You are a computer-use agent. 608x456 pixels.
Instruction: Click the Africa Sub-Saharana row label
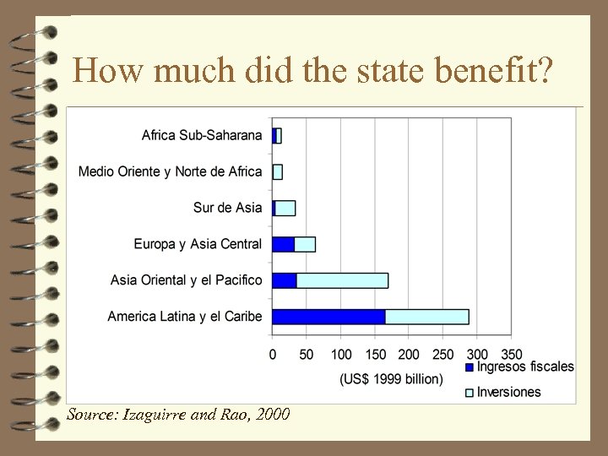click(x=202, y=135)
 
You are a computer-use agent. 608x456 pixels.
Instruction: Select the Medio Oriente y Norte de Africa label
click(x=171, y=171)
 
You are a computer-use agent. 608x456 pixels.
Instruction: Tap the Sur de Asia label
click(x=227, y=208)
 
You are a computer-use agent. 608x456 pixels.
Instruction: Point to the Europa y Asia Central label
click(x=198, y=244)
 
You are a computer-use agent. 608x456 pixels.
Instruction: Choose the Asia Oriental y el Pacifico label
click(x=187, y=280)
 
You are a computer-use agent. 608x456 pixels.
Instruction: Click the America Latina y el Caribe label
click(x=185, y=317)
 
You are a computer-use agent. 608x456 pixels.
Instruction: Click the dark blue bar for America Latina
click(x=328, y=317)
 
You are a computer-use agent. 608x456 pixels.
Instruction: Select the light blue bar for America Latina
click(x=426, y=317)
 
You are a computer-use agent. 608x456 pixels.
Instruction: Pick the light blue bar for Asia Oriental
click(x=342, y=280)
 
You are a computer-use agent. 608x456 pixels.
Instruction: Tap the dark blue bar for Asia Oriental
click(x=284, y=280)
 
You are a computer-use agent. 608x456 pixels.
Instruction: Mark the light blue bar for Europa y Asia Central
click(x=305, y=244)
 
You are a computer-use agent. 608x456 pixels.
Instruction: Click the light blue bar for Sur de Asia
click(x=285, y=208)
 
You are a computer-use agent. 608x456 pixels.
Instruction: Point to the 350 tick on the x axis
click(x=511, y=355)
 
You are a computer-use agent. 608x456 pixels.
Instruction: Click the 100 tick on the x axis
click(x=341, y=355)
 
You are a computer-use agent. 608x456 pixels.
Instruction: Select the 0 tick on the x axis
click(x=273, y=355)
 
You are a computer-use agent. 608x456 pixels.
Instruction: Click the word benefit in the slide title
click(x=493, y=70)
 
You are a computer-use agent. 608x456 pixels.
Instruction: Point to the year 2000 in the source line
click(x=271, y=415)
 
